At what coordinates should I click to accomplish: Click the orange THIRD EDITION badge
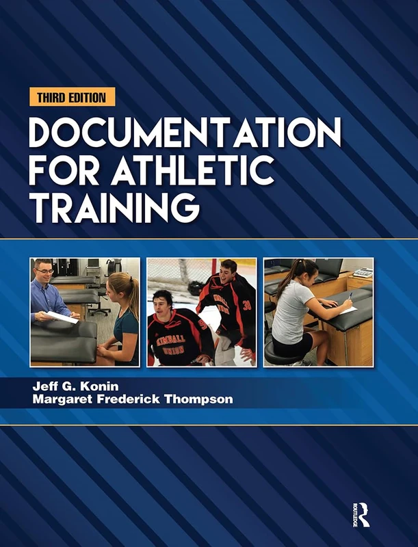72,97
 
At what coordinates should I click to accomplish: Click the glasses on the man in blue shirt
44,271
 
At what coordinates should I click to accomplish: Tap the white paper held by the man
62,317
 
